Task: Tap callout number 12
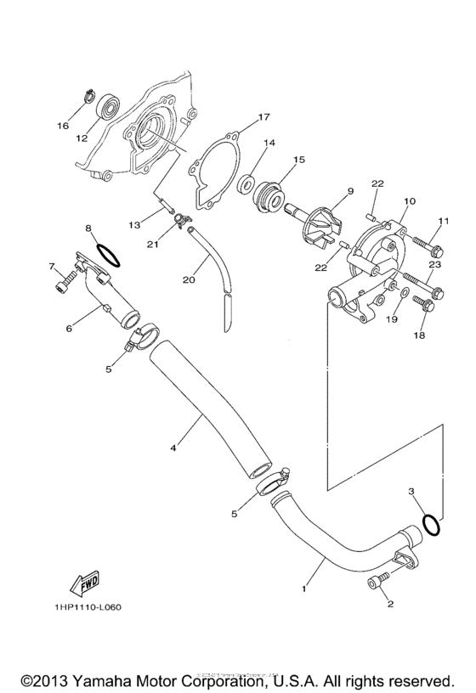(x=82, y=137)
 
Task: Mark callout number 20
(x=189, y=279)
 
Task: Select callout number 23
(x=434, y=265)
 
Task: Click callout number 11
(x=441, y=222)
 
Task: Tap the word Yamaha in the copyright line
(x=120, y=681)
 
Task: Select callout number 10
(x=410, y=202)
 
